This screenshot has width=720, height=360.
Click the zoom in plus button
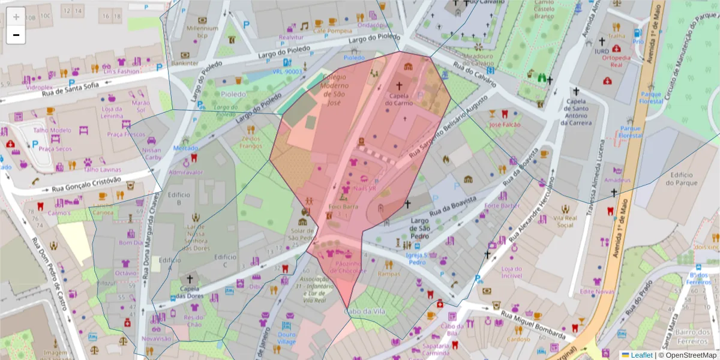(16, 17)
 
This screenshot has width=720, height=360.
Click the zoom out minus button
(16, 35)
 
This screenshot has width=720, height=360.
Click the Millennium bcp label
(202, 32)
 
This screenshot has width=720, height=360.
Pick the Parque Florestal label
(650, 98)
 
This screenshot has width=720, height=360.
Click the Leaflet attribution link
(641, 355)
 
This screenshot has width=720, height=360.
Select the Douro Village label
(286, 338)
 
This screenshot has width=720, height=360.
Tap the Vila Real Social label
(565, 221)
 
